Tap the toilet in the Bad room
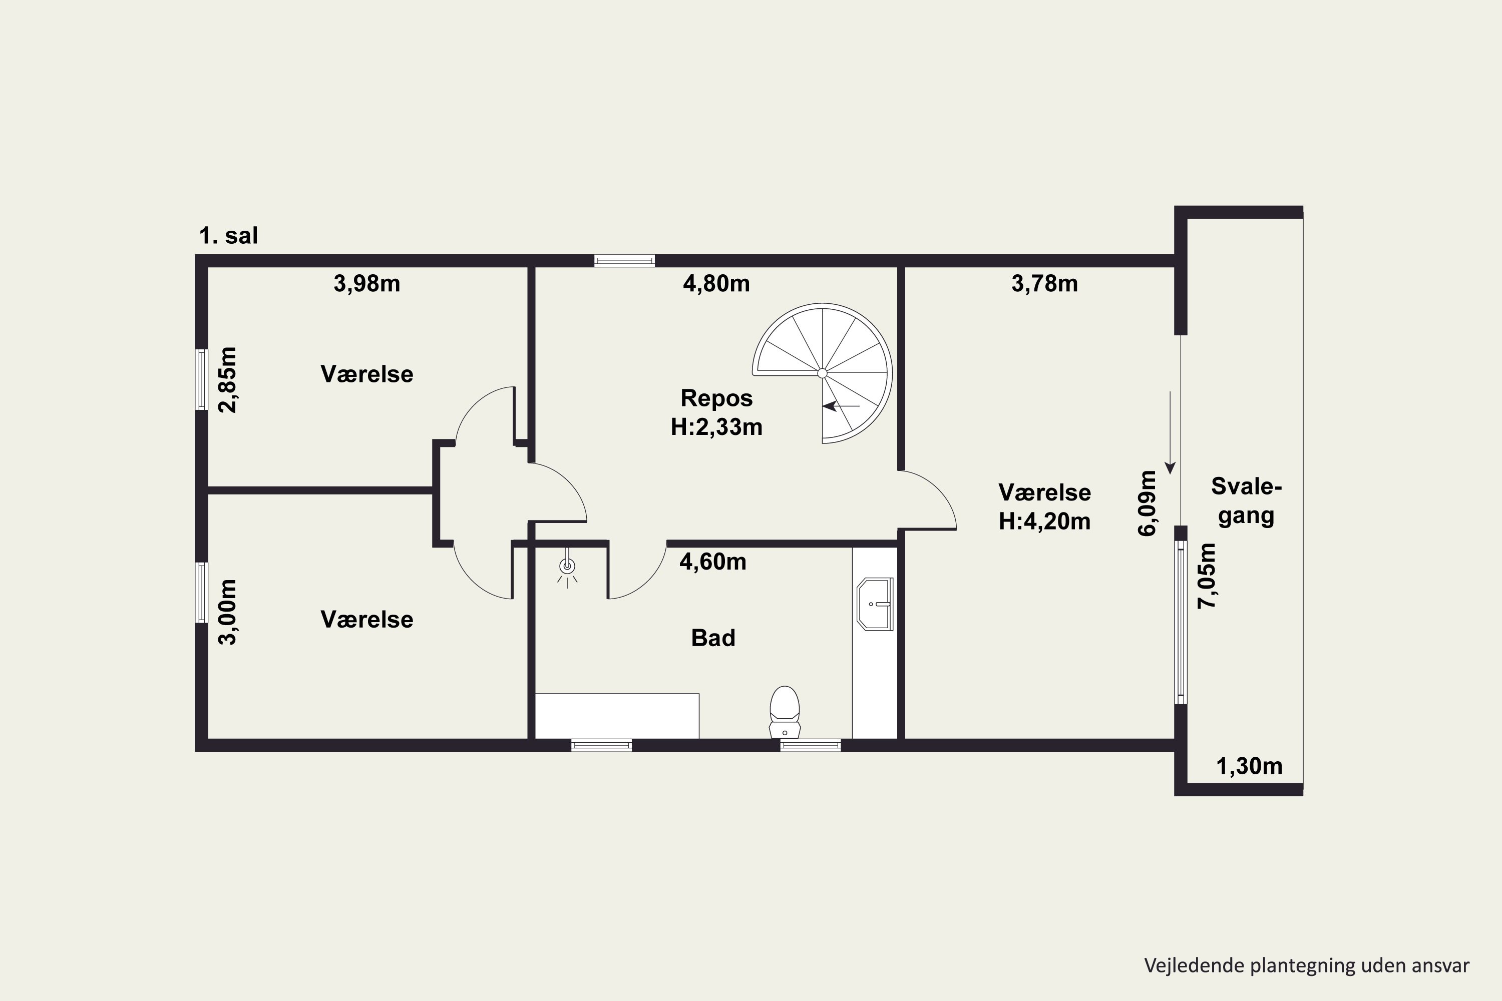pyautogui.click(x=785, y=712)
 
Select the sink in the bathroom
pyautogui.click(x=875, y=604)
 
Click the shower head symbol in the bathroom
pyautogui.click(x=567, y=568)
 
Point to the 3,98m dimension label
pyautogui.click(x=366, y=283)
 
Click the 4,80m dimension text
pyautogui.click(x=716, y=283)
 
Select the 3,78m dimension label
pyautogui.click(x=1045, y=283)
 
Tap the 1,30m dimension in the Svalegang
pyautogui.click(x=1250, y=766)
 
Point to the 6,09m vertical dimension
pyautogui.click(x=1148, y=503)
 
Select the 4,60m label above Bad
pyautogui.click(x=712, y=562)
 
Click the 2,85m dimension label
pyautogui.click(x=227, y=380)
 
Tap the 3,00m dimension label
pyautogui.click(x=227, y=612)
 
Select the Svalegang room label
pyautogui.click(x=1247, y=501)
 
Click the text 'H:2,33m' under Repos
pyautogui.click(x=716, y=427)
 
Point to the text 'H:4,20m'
pyautogui.click(x=1045, y=522)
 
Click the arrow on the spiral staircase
pyautogui.click(x=841, y=405)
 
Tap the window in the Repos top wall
pyautogui.click(x=624, y=260)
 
